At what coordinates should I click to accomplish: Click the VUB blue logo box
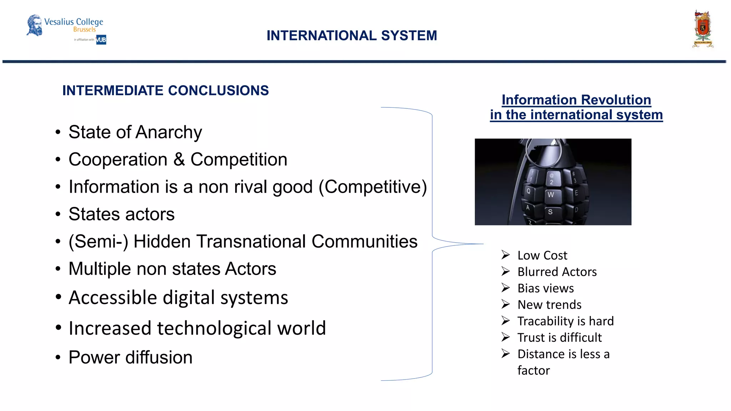pyautogui.click(x=101, y=40)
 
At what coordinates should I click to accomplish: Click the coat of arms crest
pyautogui.click(x=702, y=29)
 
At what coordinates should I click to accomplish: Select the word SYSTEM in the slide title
pyautogui.click(x=409, y=36)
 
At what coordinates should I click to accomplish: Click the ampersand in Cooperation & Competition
pyautogui.click(x=179, y=159)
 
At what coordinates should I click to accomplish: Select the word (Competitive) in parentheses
pyautogui.click(x=373, y=187)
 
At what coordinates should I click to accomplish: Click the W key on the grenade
pyautogui.click(x=551, y=195)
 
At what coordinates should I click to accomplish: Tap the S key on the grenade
pyautogui.click(x=550, y=212)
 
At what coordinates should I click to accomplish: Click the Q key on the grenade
pyautogui.click(x=528, y=192)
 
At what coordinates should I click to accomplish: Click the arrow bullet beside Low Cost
pyautogui.click(x=505, y=255)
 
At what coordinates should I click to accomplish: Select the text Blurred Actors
pyautogui.click(x=557, y=272)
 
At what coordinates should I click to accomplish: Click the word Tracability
pyautogui.click(x=545, y=321)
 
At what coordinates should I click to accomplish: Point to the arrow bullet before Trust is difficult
pyautogui.click(x=505, y=337)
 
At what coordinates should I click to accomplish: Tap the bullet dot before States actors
pyautogui.click(x=58, y=214)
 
